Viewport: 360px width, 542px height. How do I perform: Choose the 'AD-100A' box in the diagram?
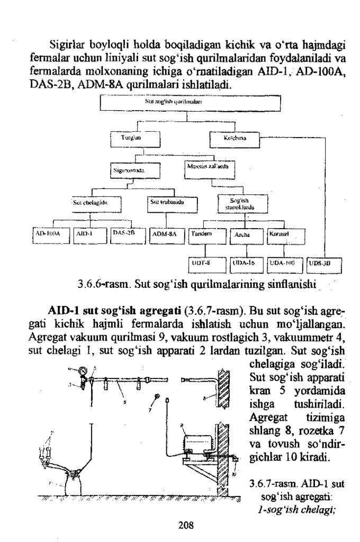tap(49, 233)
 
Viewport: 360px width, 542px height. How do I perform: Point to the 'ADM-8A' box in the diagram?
tap(166, 233)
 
